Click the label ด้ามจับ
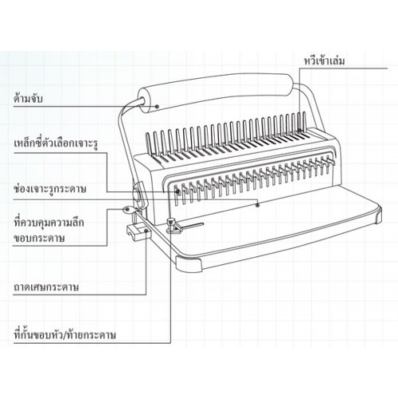click(28, 98)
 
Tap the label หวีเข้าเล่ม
click(324, 60)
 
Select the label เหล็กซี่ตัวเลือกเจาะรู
click(56, 144)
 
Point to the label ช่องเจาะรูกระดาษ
click(50, 189)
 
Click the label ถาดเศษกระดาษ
click(46, 287)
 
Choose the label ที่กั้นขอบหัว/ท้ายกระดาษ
click(64, 335)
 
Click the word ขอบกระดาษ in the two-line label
click(39, 238)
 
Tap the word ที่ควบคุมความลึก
click(49, 222)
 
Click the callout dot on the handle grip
click(157, 107)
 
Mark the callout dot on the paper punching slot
click(257, 205)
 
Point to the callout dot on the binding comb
click(300, 131)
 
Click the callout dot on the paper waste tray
click(146, 231)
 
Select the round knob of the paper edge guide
click(171, 220)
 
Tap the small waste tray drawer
click(139, 232)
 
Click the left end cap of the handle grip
click(146, 102)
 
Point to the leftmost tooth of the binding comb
click(149, 143)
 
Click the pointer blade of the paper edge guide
click(192, 225)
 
